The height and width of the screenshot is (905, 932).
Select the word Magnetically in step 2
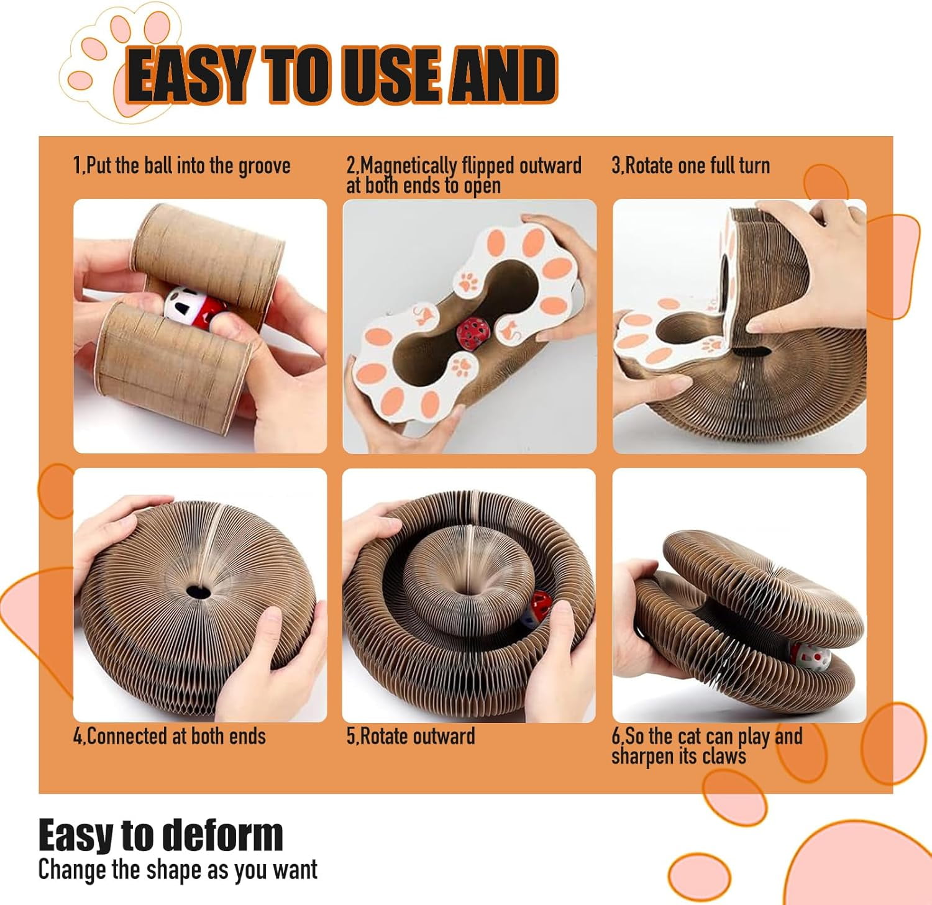(409, 166)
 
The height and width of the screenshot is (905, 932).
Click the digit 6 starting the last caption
(615, 737)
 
